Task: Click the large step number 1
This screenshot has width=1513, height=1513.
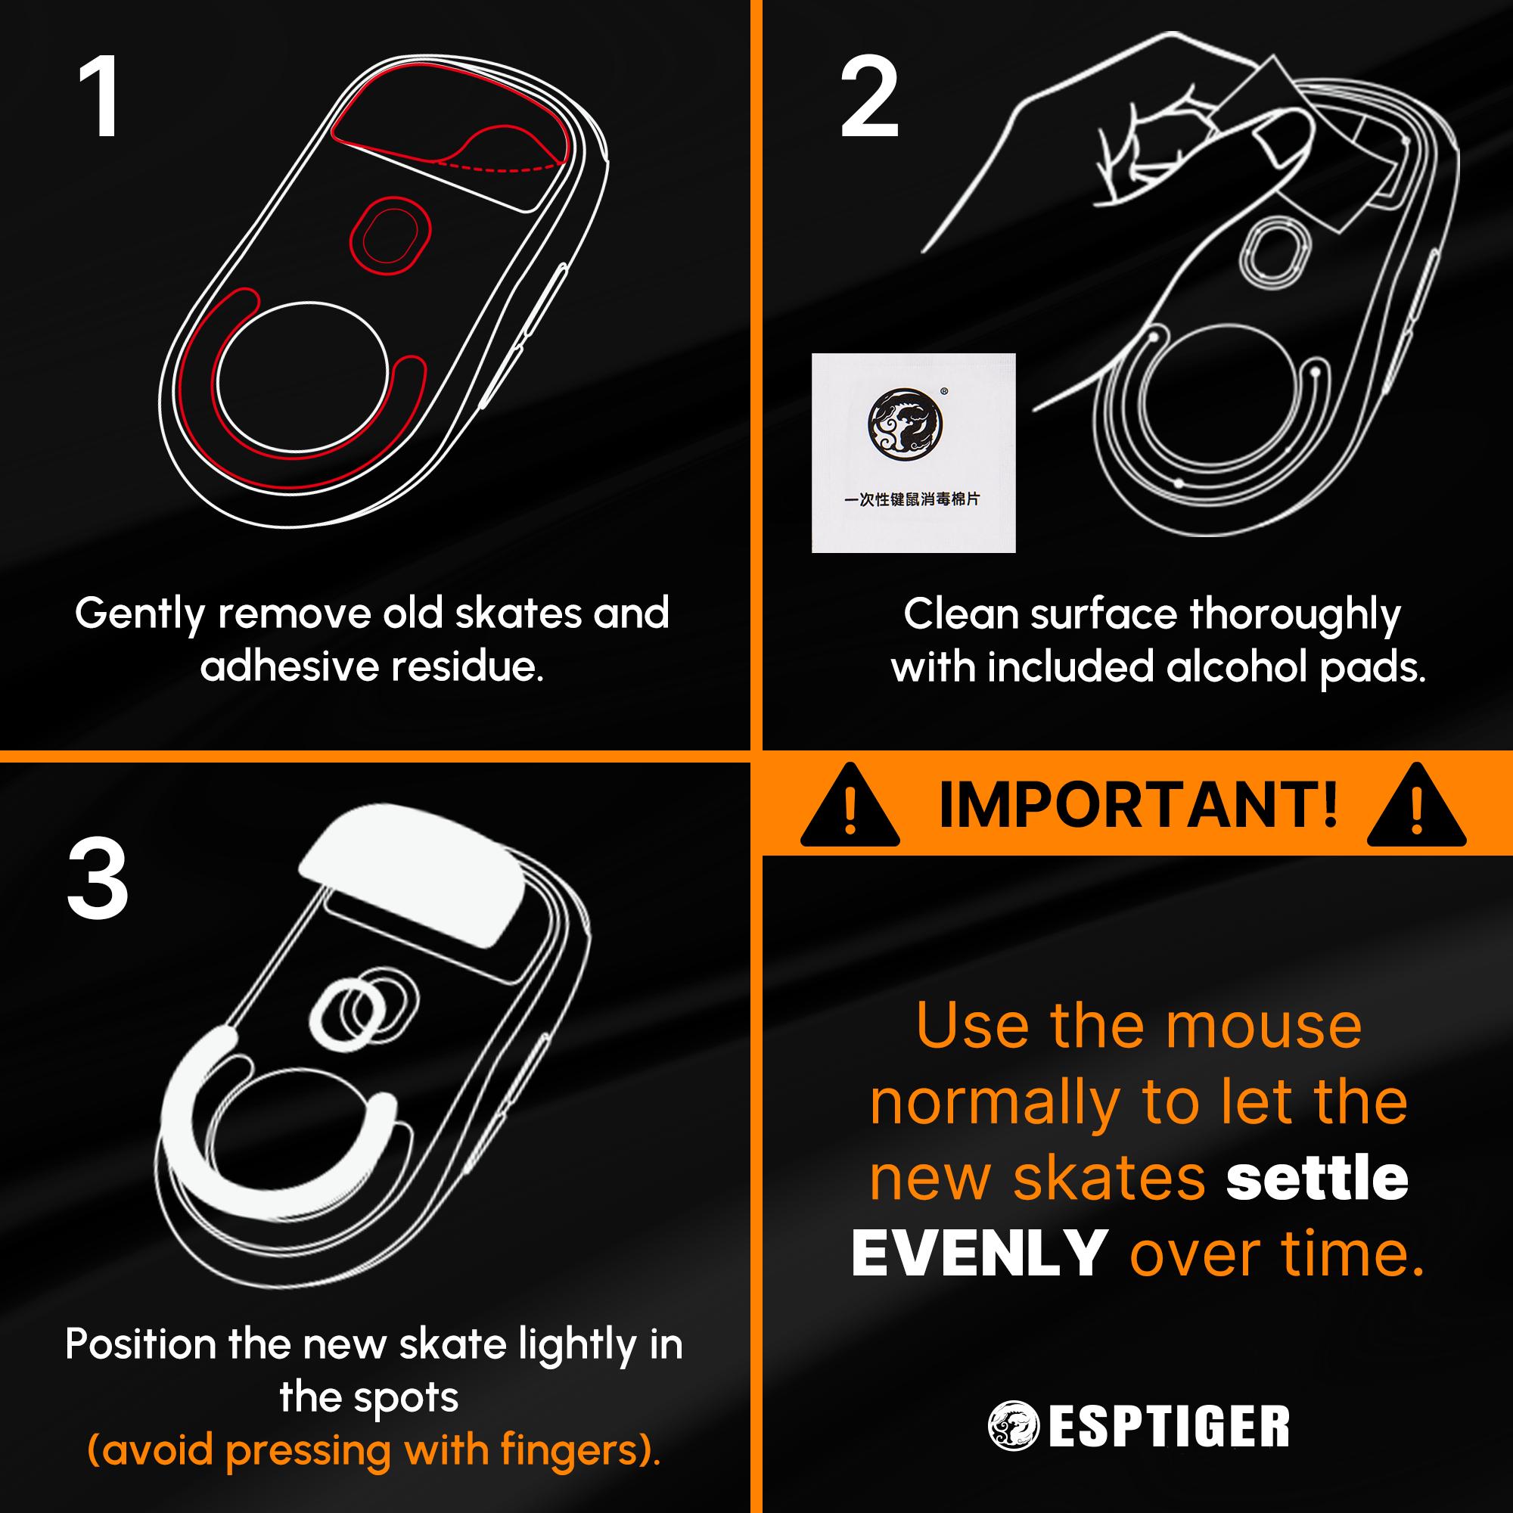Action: [99, 98]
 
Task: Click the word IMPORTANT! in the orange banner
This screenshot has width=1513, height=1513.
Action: [1138, 805]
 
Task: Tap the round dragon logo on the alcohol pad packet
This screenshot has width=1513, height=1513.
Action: [905, 424]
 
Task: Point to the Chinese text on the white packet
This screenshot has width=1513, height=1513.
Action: [912, 499]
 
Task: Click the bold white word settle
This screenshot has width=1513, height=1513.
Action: [1316, 1179]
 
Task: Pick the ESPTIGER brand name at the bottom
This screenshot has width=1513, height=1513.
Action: [1169, 1427]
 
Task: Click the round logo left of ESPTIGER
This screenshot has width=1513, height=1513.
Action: [1011, 1426]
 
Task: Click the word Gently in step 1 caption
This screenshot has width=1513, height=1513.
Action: [139, 615]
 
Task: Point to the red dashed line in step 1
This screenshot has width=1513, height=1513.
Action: [502, 166]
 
